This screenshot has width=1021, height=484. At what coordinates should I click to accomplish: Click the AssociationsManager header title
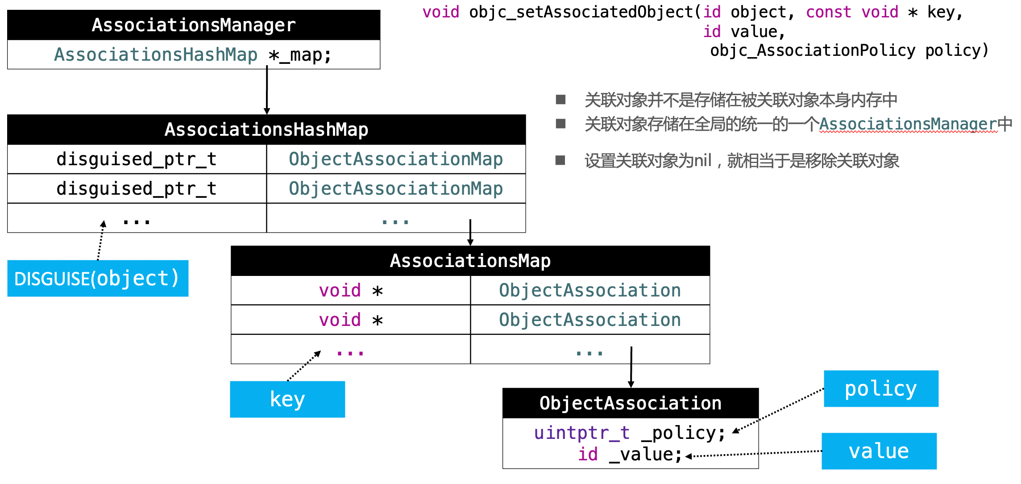pyautogui.click(x=194, y=25)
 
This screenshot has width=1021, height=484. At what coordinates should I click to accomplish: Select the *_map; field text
pyautogui.click(x=300, y=55)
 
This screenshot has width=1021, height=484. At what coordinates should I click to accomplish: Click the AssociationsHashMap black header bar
pyautogui.click(x=266, y=129)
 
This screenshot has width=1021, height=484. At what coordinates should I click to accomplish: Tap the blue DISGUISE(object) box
pyautogui.click(x=98, y=279)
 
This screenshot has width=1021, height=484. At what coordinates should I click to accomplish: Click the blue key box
pyautogui.click(x=287, y=399)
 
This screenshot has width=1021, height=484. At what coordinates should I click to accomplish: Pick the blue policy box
pyautogui.click(x=881, y=388)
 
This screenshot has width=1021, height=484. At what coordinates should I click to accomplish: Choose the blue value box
pyautogui.click(x=879, y=451)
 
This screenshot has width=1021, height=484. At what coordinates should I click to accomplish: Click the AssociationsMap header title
pyautogui.click(x=470, y=261)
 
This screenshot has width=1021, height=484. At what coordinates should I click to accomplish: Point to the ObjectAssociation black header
pyautogui.click(x=631, y=403)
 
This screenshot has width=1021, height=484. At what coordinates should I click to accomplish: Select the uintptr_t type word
pyautogui.click(x=582, y=433)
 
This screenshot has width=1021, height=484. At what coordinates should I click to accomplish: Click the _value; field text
pyautogui.click(x=646, y=455)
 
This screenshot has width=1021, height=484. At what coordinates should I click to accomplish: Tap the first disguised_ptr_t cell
pyautogui.click(x=137, y=159)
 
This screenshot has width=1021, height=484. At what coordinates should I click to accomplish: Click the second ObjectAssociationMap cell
pyautogui.click(x=396, y=188)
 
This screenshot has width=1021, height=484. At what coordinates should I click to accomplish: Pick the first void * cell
pyautogui.click(x=351, y=291)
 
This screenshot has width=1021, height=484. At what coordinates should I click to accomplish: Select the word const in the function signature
pyautogui.click(x=829, y=12)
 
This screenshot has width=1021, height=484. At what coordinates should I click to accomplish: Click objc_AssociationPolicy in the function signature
pyautogui.click(x=813, y=50)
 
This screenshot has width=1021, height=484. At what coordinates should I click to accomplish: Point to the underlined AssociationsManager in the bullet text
pyautogui.click(x=908, y=124)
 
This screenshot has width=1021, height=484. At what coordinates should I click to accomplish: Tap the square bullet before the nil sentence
pyautogui.click(x=560, y=160)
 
